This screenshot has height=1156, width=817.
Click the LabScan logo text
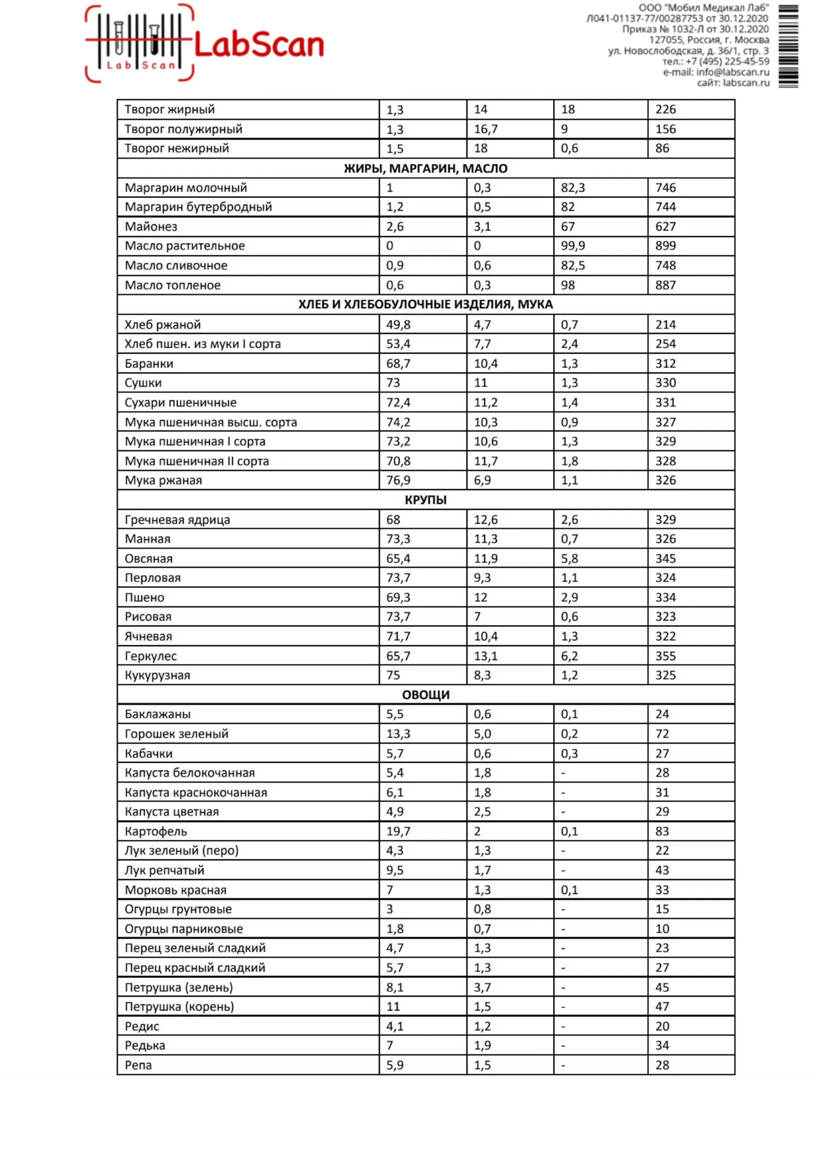click(x=259, y=45)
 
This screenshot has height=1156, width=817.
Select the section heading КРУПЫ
click(x=426, y=500)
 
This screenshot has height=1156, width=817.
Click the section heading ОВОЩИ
click(x=426, y=695)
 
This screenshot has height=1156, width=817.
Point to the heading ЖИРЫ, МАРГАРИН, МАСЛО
click(x=426, y=168)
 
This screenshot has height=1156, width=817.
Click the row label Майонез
click(x=151, y=227)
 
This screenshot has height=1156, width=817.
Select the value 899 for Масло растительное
click(x=665, y=246)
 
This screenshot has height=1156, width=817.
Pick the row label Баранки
click(x=149, y=364)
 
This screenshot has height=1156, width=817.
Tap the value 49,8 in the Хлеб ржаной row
click(x=398, y=325)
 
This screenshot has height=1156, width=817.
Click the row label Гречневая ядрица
click(x=177, y=520)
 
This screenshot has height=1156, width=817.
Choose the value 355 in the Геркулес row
click(x=665, y=656)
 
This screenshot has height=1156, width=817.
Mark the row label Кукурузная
click(x=157, y=675)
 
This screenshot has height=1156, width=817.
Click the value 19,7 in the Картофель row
click(x=398, y=831)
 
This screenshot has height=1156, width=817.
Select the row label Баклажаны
click(x=157, y=714)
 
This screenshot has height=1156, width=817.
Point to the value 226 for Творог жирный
click(x=665, y=109)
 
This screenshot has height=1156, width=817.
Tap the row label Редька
click(x=145, y=1046)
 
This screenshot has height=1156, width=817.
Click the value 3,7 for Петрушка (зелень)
click(x=482, y=988)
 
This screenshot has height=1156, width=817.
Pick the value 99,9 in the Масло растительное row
click(x=573, y=246)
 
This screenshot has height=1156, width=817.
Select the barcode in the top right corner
click(x=788, y=46)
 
